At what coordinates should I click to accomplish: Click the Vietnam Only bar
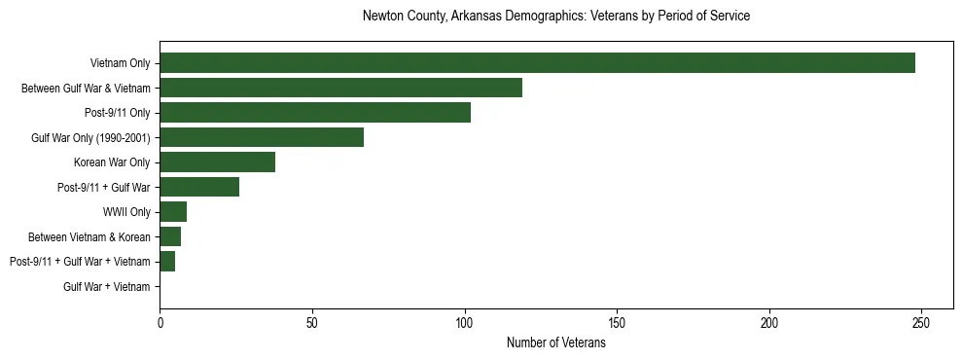pyautogui.click(x=537, y=63)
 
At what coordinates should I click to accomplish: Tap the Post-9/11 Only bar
pyautogui.click(x=315, y=113)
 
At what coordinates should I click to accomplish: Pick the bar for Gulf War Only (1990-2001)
pyautogui.click(x=262, y=137)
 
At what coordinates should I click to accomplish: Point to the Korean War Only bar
pyautogui.click(x=217, y=162)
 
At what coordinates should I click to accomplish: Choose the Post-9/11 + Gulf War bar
pyautogui.click(x=199, y=187)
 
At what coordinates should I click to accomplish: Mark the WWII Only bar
pyautogui.click(x=173, y=212)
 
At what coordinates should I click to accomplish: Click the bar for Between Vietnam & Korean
pyautogui.click(x=170, y=236)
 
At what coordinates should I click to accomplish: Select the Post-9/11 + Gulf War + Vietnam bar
pyautogui.click(x=167, y=262)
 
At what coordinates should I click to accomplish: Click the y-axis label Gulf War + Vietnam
pyautogui.click(x=107, y=287)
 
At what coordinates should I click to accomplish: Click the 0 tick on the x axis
pyautogui.click(x=160, y=322)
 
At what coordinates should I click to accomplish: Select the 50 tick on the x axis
pyautogui.click(x=312, y=322)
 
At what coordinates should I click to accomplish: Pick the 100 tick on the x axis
pyautogui.click(x=464, y=322)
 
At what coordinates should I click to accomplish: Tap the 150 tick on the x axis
pyautogui.click(x=617, y=322)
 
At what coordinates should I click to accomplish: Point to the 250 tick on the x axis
pyautogui.click(x=921, y=322)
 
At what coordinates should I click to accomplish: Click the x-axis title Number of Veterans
pyautogui.click(x=556, y=342)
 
